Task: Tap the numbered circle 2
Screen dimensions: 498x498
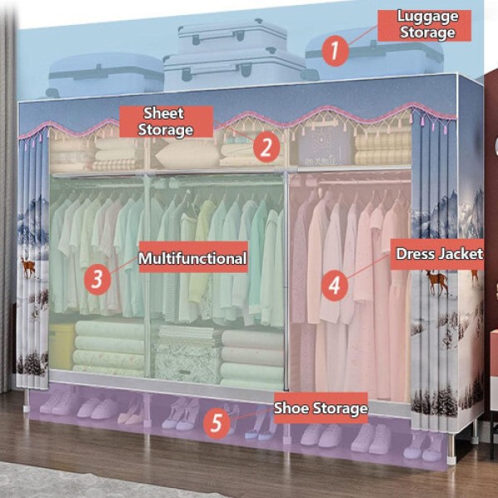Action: (x=266, y=147)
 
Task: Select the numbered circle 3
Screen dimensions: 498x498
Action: (x=98, y=278)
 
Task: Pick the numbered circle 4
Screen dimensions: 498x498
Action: (x=334, y=285)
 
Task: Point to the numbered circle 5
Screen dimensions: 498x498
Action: (x=216, y=423)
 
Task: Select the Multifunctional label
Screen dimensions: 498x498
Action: (x=193, y=259)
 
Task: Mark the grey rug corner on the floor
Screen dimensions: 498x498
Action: (x=50, y=486)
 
